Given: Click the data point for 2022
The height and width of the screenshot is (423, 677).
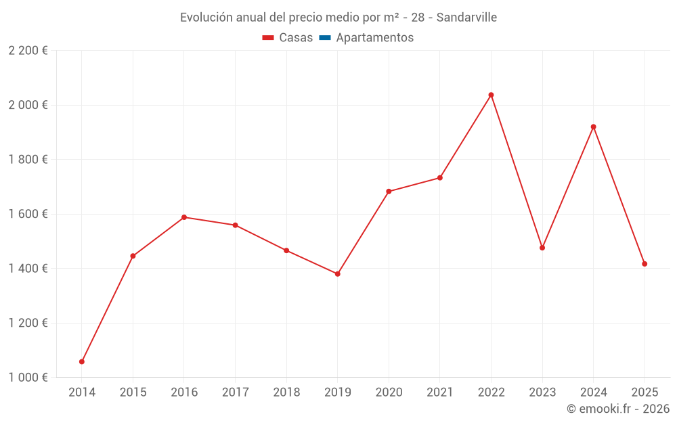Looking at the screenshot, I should pos(491,95).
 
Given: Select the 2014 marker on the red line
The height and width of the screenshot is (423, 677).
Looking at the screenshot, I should pos(82,361).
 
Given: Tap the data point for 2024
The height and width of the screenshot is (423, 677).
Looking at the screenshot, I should pos(593,127).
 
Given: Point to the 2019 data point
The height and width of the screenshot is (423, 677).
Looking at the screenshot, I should pos(337,274).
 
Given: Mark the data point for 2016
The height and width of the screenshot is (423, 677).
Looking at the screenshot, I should pos(184,217).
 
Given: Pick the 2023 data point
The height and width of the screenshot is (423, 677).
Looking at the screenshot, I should pos(542,248).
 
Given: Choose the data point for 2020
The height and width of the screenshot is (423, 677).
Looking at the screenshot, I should pos(389,192).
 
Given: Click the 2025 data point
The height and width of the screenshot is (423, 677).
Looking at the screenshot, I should pos(645,264).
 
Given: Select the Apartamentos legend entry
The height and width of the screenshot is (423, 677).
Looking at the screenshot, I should pos(374,38).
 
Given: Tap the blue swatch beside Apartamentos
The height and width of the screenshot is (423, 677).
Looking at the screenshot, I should pos(324,38).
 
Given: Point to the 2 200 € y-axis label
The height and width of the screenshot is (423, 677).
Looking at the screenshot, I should pos(28,50).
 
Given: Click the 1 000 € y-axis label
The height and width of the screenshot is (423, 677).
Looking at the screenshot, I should pos(28,377).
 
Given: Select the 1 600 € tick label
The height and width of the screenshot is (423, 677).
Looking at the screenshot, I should pos(28,214).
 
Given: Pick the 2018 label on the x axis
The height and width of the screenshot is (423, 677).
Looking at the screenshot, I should pos(286,392).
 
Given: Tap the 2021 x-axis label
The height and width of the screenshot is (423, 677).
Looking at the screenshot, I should pos(439,392).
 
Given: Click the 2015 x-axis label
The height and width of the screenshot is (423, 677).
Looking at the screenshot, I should pos(133,392).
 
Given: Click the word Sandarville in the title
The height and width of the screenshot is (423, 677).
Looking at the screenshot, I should pos(466,18).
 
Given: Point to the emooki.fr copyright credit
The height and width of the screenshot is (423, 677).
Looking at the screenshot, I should pos(617,409).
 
